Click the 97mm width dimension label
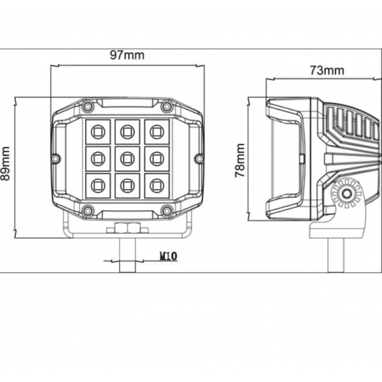tap(127, 55)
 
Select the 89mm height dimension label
tap(5, 164)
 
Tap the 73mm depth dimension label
tap(327, 71)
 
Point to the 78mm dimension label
tap(240, 160)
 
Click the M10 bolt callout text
tap(168, 256)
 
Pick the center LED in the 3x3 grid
tap(127, 159)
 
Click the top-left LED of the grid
tap(98, 132)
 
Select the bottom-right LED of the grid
tap(157, 186)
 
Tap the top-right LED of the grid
tap(157, 132)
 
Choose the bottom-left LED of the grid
tap(98, 186)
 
